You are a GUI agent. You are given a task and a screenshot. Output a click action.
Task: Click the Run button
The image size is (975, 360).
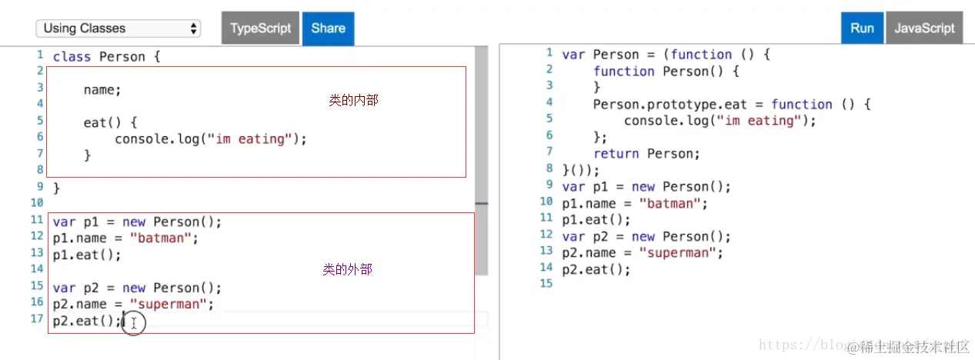click(862, 28)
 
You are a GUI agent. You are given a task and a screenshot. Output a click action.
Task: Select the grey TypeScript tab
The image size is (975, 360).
click(261, 28)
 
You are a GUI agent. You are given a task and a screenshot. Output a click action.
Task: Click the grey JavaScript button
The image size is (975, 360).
click(924, 28)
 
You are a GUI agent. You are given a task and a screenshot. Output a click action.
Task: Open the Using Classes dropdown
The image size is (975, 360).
click(119, 28)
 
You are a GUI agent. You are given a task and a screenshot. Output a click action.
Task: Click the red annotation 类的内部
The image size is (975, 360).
click(353, 100)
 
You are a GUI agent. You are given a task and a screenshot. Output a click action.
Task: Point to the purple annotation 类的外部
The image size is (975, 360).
click(347, 269)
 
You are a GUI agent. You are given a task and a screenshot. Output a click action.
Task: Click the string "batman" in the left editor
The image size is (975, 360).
click(160, 238)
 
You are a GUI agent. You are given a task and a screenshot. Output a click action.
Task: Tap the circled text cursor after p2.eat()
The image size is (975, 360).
click(133, 323)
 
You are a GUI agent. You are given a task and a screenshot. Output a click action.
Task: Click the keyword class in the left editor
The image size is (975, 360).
click(72, 57)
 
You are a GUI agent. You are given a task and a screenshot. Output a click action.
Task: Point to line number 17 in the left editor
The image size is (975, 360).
click(37, 318)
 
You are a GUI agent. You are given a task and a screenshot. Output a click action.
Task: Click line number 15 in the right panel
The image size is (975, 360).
click(546, 284)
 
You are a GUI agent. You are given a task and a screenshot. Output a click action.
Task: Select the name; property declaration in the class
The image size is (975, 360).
click(102, 90)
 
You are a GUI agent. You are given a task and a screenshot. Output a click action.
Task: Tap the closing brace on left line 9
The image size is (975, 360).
click(56, 188)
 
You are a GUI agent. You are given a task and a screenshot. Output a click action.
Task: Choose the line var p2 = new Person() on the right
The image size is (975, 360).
click(646, 237)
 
